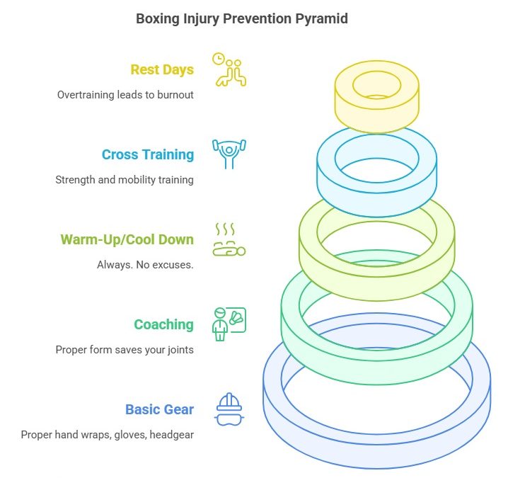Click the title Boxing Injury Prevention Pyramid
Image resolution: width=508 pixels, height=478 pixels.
click(x=242, y=19)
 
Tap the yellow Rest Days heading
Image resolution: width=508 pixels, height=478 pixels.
click(x=162, y=69)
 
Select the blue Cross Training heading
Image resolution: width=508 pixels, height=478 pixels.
click(x=147, y=154)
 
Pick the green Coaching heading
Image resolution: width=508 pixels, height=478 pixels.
click(x=163, y=324)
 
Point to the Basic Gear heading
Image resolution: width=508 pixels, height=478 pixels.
click(x=159, y=409)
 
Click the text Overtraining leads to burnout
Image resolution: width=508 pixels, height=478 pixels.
click(x=126, y=94)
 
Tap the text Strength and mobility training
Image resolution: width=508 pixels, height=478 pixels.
click(x=125, y=179)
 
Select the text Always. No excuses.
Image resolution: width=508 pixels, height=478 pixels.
click(x=145, y=264)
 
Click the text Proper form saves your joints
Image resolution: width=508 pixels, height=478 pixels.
click(x=125, y=349)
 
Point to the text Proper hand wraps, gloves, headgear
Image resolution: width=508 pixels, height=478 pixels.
click(x=108, y=434)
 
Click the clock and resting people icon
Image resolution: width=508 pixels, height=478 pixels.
click(x=229, y=69)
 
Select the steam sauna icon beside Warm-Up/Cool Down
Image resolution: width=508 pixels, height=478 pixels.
click(x=229, y=239)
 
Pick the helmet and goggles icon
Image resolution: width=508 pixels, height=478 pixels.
click(x=229, y=409)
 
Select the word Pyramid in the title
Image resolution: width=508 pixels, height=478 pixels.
click(x=322, y=19)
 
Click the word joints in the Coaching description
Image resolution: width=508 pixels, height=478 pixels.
click(x=178, y=349)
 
